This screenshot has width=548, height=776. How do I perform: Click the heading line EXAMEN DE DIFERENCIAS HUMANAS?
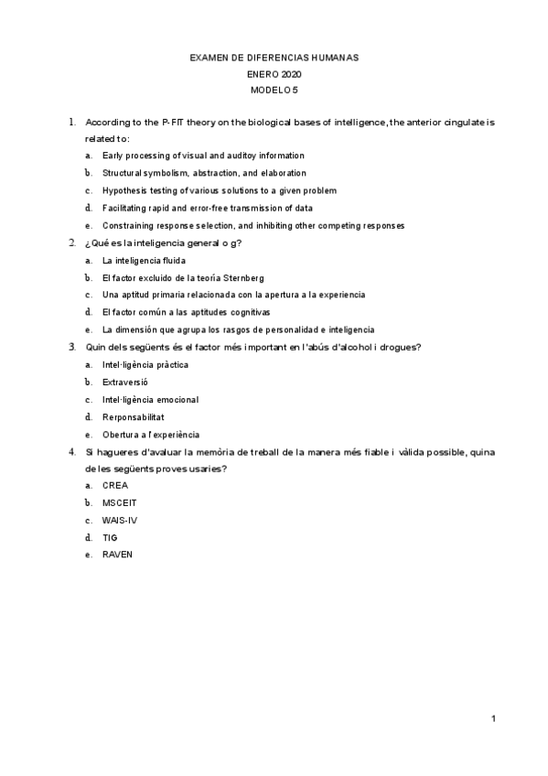274,58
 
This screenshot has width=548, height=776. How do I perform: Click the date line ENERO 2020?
274,74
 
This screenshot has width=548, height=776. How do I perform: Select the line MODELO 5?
274,91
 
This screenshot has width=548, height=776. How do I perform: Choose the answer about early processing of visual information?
203,156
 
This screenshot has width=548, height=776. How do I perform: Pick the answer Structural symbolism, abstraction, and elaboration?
204,173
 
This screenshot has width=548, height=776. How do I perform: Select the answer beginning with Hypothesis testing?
220,190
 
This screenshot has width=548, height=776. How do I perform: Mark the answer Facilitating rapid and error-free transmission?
208,208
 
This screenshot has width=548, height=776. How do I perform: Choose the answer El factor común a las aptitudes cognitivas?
186,312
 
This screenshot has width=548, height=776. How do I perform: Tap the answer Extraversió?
125,382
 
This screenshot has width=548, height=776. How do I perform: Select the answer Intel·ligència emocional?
151,400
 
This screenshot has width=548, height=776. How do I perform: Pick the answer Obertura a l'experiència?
151,435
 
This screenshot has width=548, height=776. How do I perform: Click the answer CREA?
115,485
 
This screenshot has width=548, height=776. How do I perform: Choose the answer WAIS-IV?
120,520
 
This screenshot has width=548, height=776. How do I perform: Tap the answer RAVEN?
117,555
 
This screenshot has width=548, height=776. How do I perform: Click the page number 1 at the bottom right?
493,718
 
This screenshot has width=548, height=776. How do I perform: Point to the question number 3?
71,347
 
